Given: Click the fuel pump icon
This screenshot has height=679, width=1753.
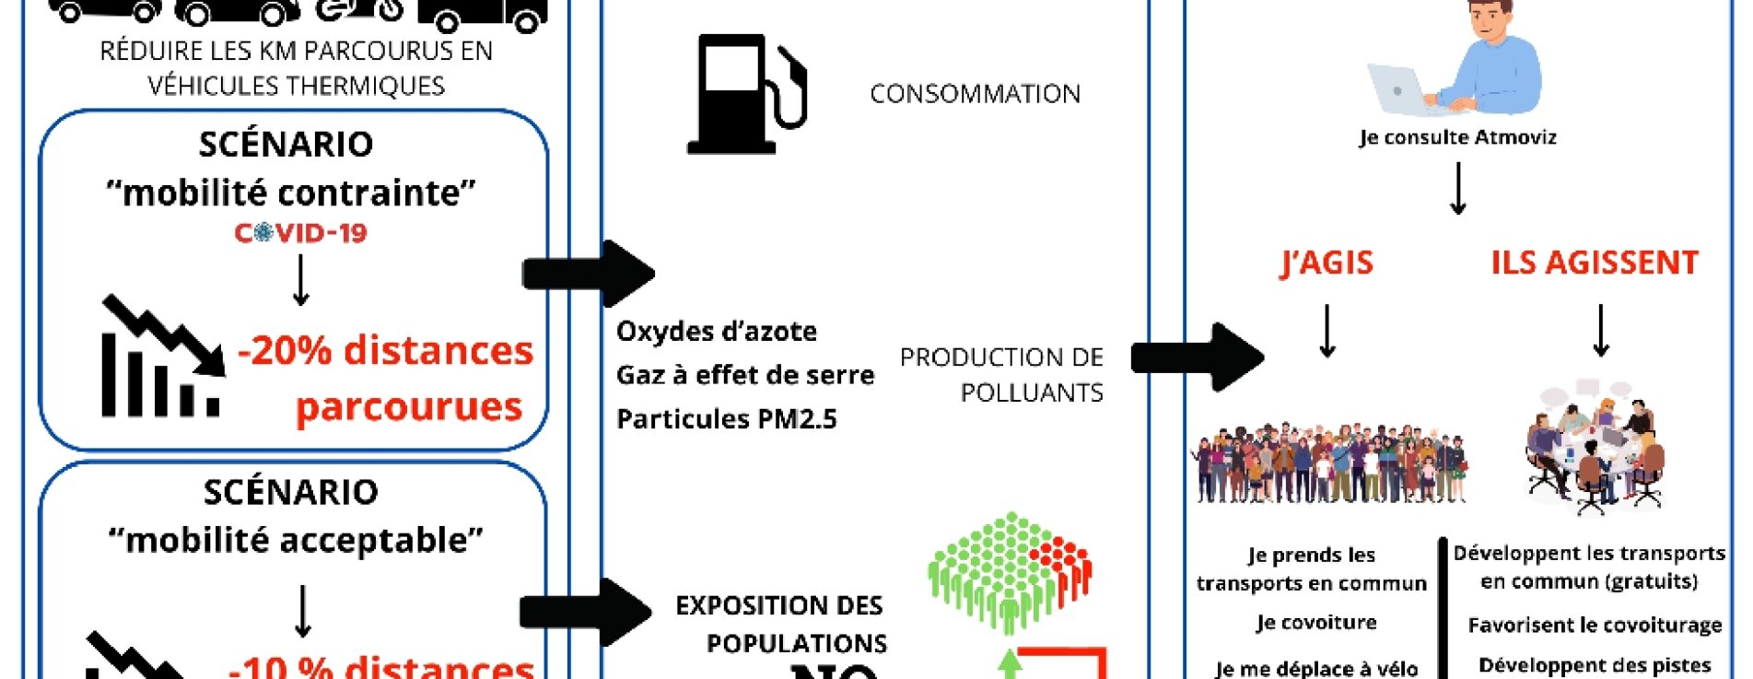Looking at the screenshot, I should (x=746, y=94).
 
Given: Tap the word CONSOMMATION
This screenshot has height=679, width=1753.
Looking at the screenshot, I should (x=975, y=94).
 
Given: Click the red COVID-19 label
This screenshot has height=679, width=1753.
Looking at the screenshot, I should (x=300, y=233).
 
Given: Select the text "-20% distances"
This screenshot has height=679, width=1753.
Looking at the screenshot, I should (x=385, y=351).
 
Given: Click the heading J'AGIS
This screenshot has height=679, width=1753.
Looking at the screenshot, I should (x=1326, y=263).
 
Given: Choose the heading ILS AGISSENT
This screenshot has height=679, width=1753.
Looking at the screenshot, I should (x=1595, y=263).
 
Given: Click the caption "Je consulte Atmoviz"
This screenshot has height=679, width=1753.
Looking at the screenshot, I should (x=1457, y=138).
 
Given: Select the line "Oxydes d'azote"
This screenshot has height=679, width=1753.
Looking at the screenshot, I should (x=716, y=332).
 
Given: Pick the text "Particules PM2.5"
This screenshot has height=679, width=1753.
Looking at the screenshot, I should (x=726, y=419).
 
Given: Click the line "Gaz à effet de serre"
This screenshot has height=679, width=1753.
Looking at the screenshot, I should (x=744, y=375).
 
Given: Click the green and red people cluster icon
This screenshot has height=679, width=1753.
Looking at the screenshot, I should (x=1010, y=571).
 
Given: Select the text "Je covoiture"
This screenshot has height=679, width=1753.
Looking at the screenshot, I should (x=1315, y=623).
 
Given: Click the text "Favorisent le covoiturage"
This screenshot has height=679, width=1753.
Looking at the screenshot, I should (x=1595, y=626).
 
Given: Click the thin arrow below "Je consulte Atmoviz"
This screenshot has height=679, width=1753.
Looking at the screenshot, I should (x=1457, y=189).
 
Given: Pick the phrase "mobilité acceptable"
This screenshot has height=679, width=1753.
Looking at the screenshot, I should (x=295, y=541).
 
